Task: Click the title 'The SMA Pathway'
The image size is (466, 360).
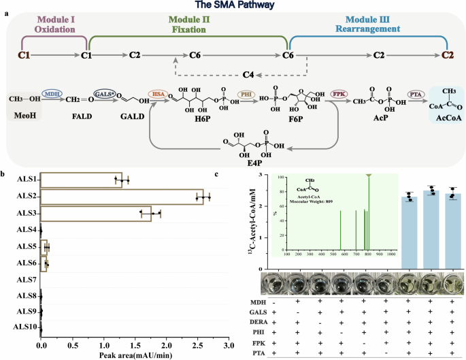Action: [233, 5]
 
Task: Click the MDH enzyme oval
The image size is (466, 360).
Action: [52, 93]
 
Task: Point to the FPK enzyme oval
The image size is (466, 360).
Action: [338, 93]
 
